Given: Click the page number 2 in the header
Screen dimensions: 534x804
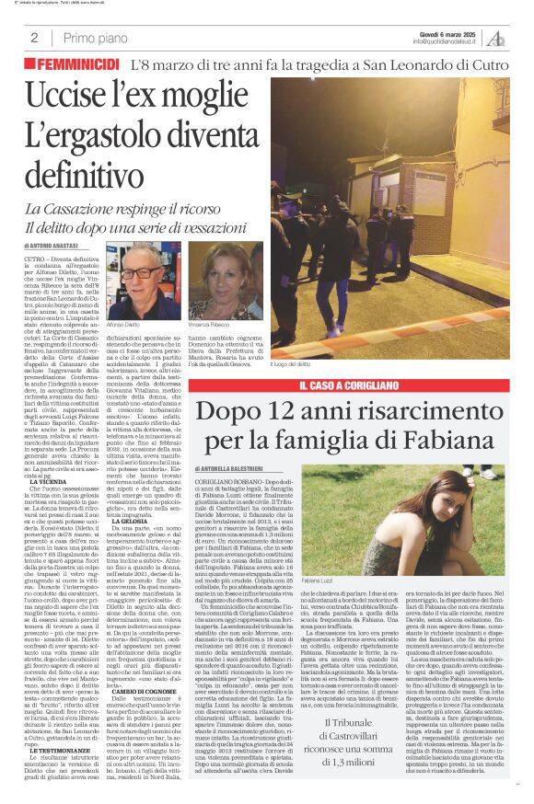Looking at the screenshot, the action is [34, 37].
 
